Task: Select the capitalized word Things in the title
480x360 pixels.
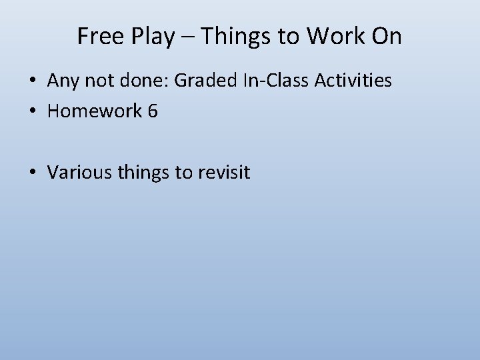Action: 233,37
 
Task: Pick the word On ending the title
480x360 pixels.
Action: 387,37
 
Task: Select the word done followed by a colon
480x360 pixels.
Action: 145,81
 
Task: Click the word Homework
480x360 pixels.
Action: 95,111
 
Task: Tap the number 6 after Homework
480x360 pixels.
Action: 153,111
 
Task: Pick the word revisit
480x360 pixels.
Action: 223,173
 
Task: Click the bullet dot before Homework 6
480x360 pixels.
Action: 33,111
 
